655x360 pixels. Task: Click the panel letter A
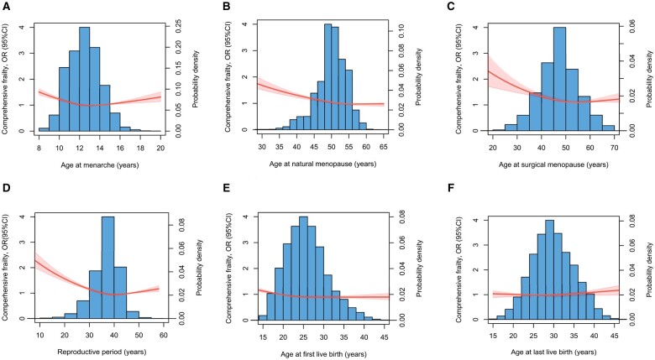point(6,7)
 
